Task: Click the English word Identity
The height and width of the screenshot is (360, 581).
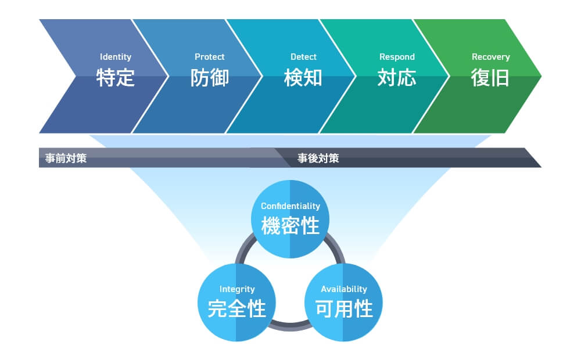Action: coord(115,57)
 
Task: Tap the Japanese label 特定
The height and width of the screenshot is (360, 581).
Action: coord(115,77)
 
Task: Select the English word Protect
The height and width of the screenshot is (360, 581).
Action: coord(209,57)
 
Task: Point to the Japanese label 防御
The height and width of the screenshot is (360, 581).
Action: coord(209,77)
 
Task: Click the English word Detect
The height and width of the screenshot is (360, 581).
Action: coord(303,57)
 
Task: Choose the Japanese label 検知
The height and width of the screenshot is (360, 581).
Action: coord(303,77)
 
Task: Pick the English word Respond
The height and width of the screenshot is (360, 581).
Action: coord(397,57)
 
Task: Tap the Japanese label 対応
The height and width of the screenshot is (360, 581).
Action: coord(397,77)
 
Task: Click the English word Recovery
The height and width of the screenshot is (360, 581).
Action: coord(490,57)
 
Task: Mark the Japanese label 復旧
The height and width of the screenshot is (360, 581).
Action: coord(490,77)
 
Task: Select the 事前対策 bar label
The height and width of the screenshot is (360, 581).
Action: coord(66,158)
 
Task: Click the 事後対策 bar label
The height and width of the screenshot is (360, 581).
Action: coord(318,158)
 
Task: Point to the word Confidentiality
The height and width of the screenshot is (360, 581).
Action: coord(290,206)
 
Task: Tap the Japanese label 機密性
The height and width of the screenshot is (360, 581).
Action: coord(290,225)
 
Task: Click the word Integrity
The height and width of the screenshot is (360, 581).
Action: coord(237,289)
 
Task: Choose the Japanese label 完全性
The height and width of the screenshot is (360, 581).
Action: coord(237,308)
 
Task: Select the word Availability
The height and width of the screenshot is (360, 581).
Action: coord(344,289)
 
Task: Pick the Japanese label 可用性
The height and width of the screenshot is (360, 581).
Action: coord(344,308)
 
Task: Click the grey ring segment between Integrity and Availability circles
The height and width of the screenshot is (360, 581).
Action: coord(290,327)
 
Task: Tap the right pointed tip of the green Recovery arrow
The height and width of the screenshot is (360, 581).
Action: coord(541,76)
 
